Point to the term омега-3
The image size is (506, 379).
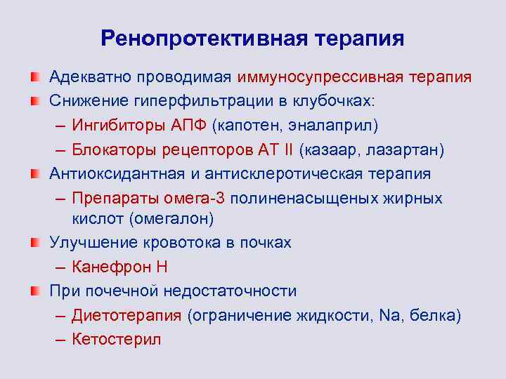pos(204,198)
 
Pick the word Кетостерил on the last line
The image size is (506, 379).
pos(117,339)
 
